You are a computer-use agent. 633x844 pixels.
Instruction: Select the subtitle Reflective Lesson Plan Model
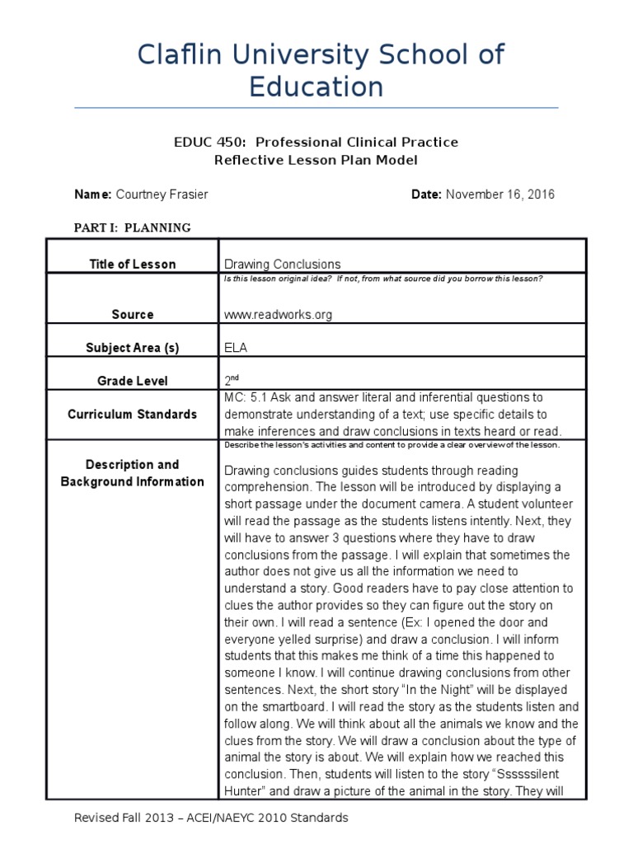pyautogui.click(x=316, y=160)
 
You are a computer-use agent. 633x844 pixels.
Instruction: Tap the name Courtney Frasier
pyautogui.click(x=163, y=195)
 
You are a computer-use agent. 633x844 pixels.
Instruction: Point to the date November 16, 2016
pyautogui.click(x=501, y=195)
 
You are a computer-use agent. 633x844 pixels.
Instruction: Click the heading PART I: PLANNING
pyautogui.click(x=133, y=227)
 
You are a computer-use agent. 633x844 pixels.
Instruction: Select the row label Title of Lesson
pyautogui.click(x=133, y=264)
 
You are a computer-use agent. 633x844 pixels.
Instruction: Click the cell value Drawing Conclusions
pyautogui.click(x=282, y=264)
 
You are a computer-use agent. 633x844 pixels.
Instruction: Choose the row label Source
pyautogui.click(x=133, y=314)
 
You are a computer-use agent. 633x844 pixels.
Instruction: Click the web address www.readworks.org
pyautogui.click(x=279, y=314)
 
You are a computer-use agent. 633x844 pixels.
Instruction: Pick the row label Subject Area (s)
pyautogui.click(x=133, y=348)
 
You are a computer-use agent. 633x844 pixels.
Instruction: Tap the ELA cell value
pyautogui.click(x=236, y=348)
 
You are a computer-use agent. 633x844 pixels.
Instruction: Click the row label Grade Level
pyautogui.click(x=133, y=381)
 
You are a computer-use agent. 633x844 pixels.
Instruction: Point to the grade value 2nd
pyautogui.click(x=231, y=381)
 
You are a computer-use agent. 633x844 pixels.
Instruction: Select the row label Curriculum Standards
pyautogui.click(x=133, y=414)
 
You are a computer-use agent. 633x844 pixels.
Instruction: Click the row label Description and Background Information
pyautogui.click(x=133, y=473)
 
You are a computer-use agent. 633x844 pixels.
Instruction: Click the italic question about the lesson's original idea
pyautogui.click(x=383, y=279)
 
